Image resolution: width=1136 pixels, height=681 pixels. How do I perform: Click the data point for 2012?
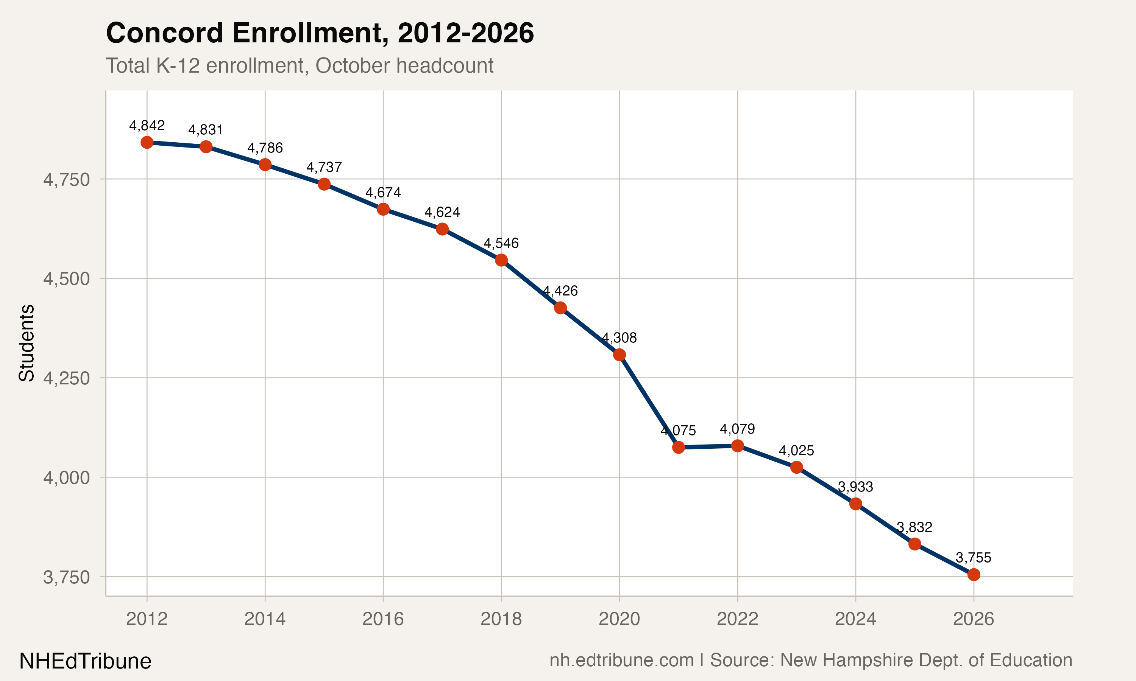[147, 142]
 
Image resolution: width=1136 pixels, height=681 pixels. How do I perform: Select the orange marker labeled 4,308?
[619, 355]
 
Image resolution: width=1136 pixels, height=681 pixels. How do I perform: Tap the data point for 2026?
[974, 575]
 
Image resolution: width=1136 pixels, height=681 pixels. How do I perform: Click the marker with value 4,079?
[737, 446]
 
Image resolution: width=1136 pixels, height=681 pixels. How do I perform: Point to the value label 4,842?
[147, 125]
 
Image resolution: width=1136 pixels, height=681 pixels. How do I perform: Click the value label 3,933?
[855, 487]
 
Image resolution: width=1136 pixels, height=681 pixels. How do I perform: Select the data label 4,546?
[501, 243]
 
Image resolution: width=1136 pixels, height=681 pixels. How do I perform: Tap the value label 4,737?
[324, 167]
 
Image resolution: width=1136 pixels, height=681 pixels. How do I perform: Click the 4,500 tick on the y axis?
[67, 278]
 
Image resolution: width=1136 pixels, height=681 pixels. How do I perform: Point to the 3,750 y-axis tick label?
[67, 577]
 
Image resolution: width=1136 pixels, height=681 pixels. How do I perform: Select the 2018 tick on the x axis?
[501, 619]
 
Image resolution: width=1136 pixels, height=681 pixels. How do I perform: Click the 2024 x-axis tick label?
[855, 619]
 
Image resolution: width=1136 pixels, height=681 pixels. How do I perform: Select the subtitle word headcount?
[445, 65]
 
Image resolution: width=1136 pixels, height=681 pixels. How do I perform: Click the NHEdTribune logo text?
[86, 661]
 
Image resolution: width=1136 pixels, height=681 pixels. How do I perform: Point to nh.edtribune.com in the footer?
[621, 660]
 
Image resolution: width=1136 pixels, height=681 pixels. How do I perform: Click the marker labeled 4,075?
[678, 447]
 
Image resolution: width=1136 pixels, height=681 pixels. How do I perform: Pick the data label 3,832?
[914, 527]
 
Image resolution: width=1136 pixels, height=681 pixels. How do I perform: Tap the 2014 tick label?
[265, 619]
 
